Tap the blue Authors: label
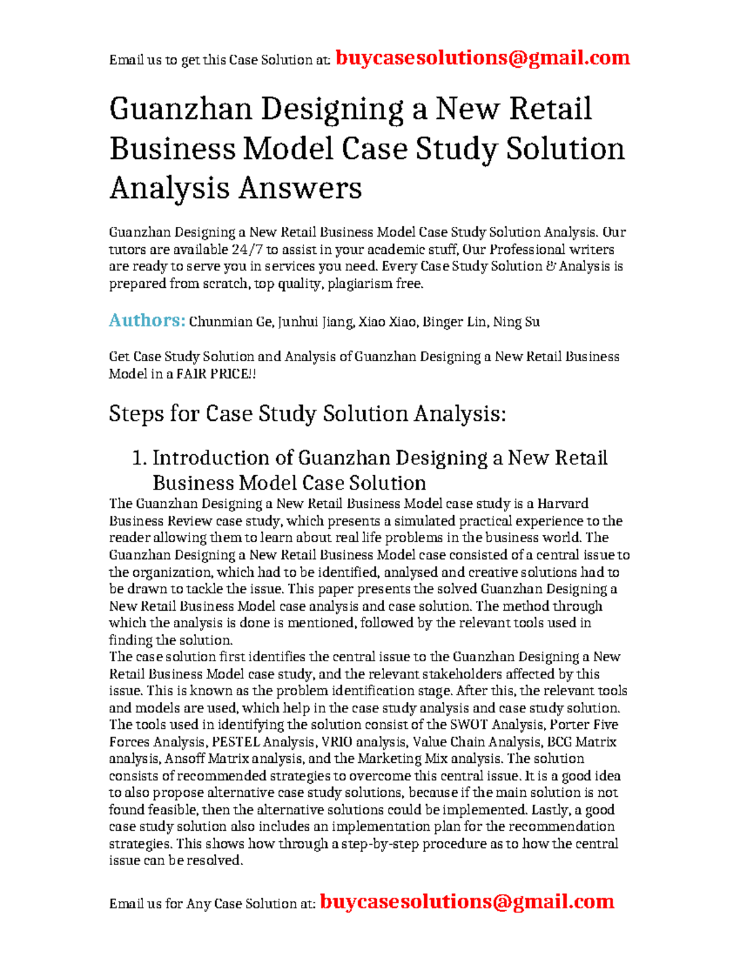pyautogui.click(x=147, y=320)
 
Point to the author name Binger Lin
pyautogui.click(x=454, y=322)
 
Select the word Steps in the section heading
pyautogui.click(x=135, y=413)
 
